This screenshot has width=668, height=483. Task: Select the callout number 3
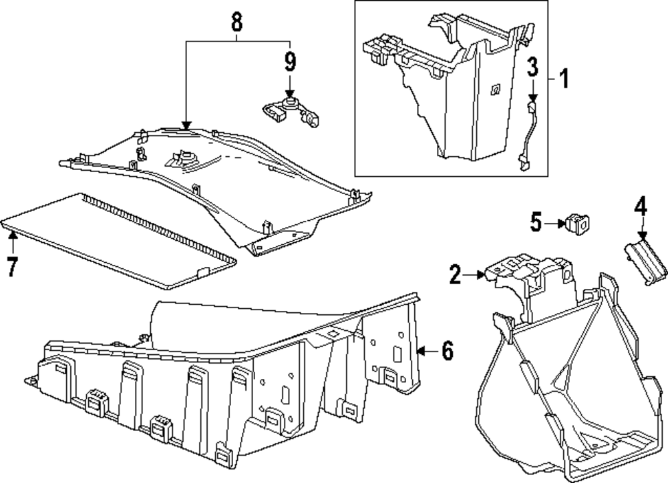click(532, 67)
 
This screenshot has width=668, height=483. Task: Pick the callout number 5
click(536, 223)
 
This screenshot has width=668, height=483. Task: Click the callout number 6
click(447, 350)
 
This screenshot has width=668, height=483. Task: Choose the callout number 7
click(11, 266)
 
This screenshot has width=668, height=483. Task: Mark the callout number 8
click(236, 23)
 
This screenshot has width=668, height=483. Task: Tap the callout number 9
click(290, 62)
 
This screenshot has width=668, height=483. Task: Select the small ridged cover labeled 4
click(645, 262)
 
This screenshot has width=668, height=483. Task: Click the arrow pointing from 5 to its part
click(555, 223)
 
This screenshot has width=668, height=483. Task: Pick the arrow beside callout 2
click(476, 274)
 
